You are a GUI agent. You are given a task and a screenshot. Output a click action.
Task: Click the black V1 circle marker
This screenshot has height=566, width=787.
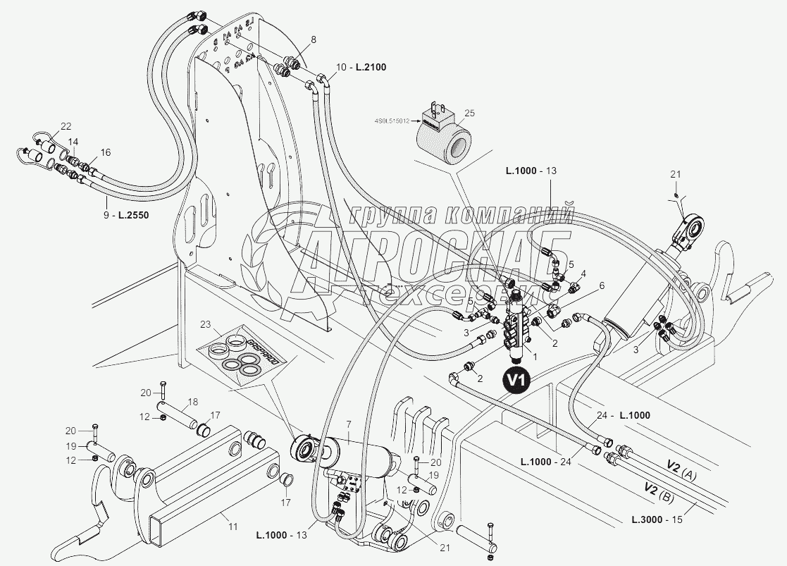515,379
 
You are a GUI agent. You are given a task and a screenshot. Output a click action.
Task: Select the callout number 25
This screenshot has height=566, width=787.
469,113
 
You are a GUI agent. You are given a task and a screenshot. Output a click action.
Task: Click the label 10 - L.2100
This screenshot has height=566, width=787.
361,67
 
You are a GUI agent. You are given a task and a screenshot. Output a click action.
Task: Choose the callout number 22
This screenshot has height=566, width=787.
66,126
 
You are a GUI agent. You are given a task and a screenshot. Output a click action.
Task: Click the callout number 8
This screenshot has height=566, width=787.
294,39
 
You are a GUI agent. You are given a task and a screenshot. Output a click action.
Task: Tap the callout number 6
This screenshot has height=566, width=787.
601,285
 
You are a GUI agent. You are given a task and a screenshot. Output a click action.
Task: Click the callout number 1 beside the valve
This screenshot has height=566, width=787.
533,356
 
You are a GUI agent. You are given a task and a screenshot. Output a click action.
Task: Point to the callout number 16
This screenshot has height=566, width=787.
106,152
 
